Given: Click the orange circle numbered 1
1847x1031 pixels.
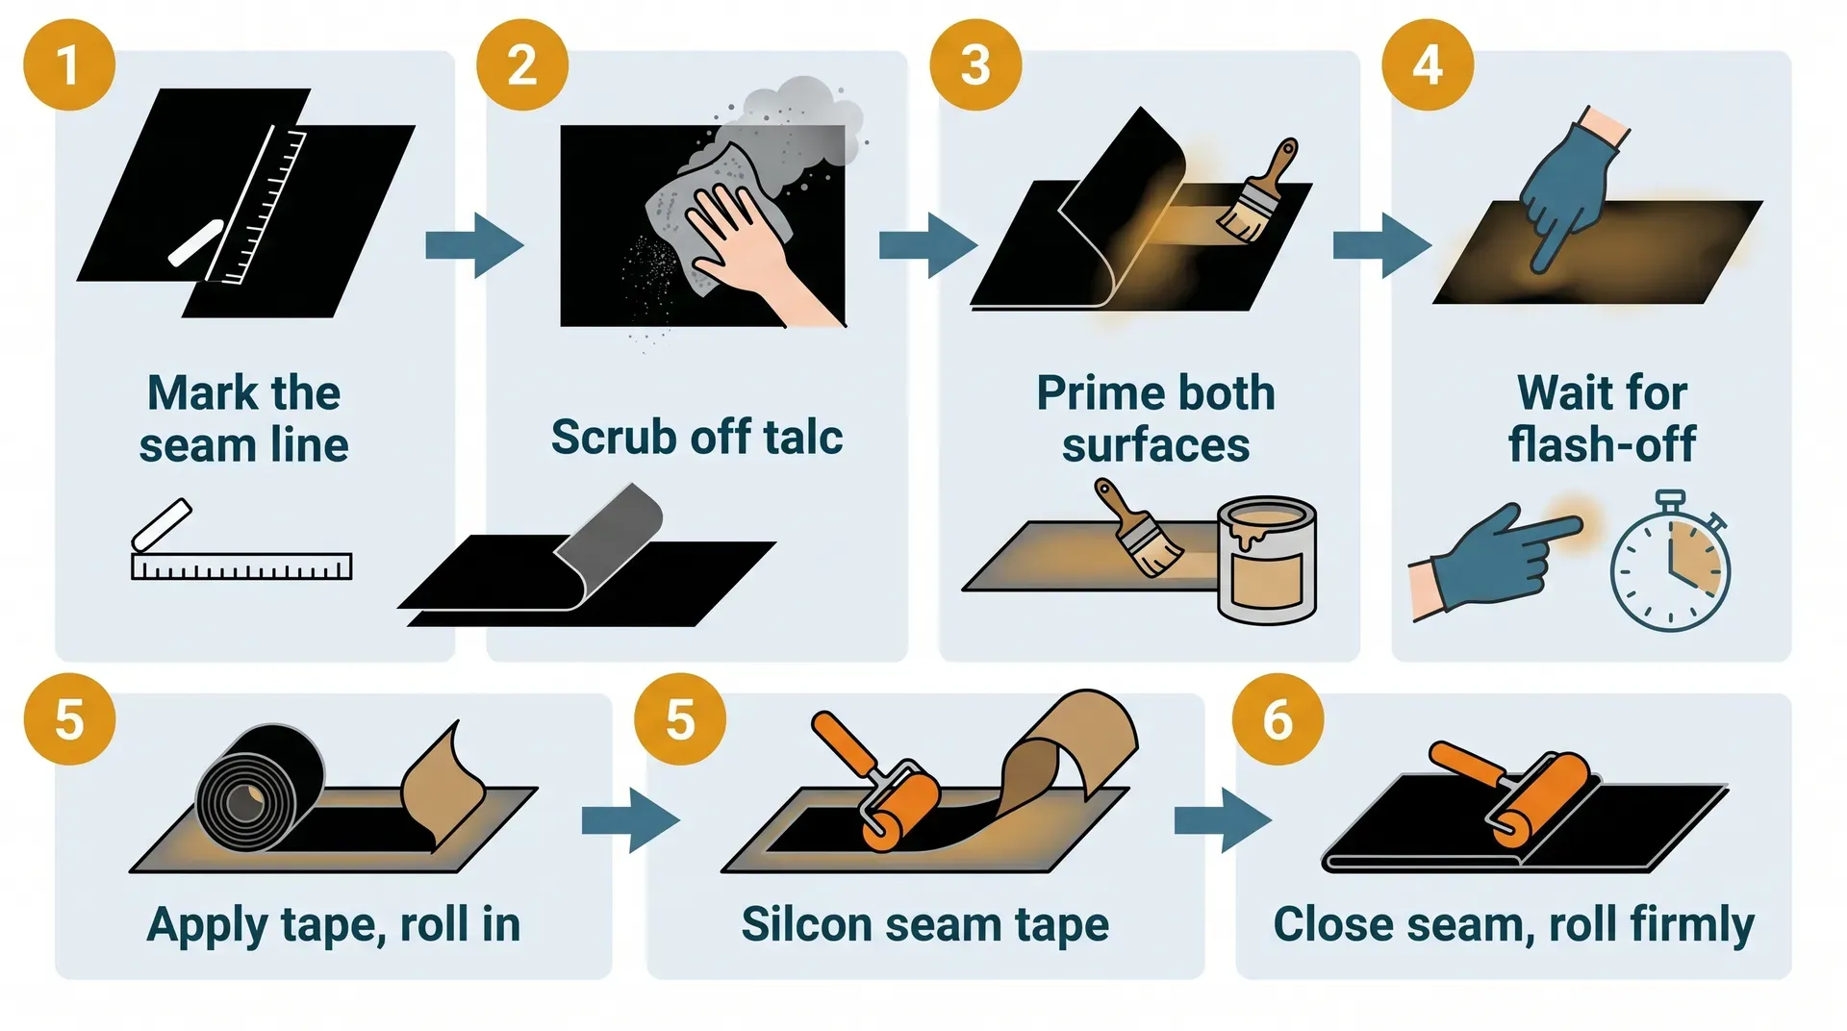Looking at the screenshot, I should (69, 65).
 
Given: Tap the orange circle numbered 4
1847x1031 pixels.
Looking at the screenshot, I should (1428, 65).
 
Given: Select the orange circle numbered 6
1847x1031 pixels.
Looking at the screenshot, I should (1278, 719).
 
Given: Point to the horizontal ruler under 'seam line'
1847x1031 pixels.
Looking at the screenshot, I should (241, 566).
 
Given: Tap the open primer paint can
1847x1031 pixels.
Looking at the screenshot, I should (1266, 561).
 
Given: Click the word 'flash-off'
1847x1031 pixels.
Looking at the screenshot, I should (1602, 444).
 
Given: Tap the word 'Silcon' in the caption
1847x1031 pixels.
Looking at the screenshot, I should (806, 924).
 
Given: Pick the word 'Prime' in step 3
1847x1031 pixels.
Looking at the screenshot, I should (1093, 392).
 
